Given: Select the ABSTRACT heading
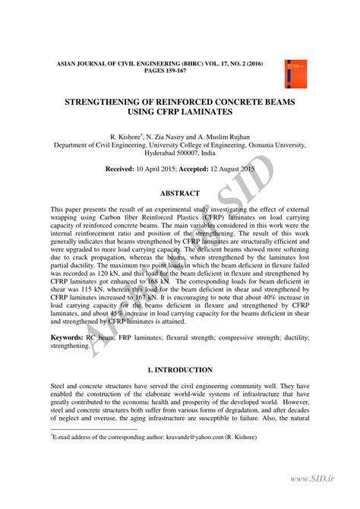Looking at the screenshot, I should [x=179, y=193].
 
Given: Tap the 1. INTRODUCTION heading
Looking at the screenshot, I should [x=179, y=370].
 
